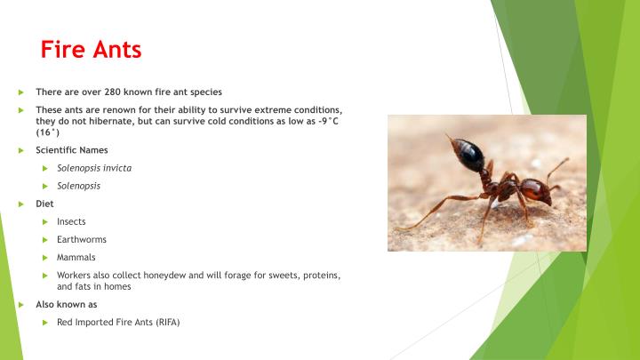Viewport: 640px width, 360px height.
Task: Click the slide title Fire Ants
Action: pyautogui.click(x=91, y=50)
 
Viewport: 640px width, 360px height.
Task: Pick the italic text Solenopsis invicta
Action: pyautogui.click(x=94, y=168)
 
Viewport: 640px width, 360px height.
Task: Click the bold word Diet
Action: pyautogui.click(x=44, y=203)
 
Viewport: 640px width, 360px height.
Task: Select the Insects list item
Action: pyautogui.click(x=71, y=221)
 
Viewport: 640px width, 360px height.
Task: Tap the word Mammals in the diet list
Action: pyautogui.click(x=76, y=257)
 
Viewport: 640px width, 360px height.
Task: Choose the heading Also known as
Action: pyautogui.click(x=66, y=304)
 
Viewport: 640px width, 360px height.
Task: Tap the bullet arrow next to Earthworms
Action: pyautogui.click(x=44, y=239)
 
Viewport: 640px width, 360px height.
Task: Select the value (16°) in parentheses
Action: pyautogui.click(x=47, y=132)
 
